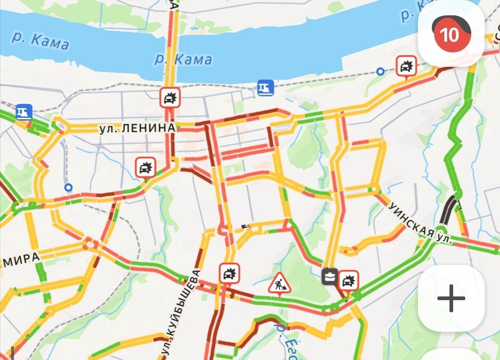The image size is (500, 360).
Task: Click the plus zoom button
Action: pos(451,298)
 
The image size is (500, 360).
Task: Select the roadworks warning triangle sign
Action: pos(279,283)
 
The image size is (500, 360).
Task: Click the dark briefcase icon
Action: pos(330,277)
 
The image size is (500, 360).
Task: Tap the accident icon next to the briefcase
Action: pos(348,280)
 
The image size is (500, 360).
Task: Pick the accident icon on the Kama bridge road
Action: pos(170,97)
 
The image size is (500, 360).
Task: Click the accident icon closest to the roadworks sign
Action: pos(229,273)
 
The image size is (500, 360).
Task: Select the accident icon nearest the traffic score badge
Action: pos(407,66)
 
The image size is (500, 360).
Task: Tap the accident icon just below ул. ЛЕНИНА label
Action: pos(146,167)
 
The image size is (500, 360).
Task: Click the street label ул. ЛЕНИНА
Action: pos(137,129)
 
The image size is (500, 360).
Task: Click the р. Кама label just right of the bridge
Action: pos(183,59)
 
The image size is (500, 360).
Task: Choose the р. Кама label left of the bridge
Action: pos(41,41)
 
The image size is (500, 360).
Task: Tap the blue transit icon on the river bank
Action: pos(266,87)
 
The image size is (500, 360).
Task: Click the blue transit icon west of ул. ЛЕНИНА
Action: pos(24,112)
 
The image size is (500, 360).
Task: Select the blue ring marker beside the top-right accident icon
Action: pos(380,71)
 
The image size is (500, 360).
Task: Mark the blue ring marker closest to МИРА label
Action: pos(69,187)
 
